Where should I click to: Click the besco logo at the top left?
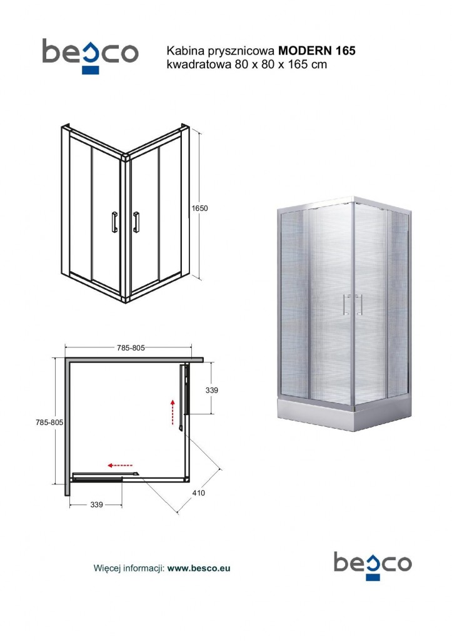click(90, 55)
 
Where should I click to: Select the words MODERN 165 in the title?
click(317, 51)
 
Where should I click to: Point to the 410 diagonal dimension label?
click(199, 493)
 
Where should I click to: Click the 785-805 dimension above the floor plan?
click(131, 349)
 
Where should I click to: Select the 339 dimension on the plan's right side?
click(212, 390)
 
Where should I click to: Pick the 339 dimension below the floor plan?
click(96, 504)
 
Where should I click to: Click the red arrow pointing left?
click(119, 466)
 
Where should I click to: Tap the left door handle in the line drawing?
click(113, 222)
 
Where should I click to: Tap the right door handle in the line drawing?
click(136, 222)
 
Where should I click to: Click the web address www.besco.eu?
click(199, 568)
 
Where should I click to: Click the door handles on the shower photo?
click(353, 304)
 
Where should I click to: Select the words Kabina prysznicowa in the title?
click(221, 51)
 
